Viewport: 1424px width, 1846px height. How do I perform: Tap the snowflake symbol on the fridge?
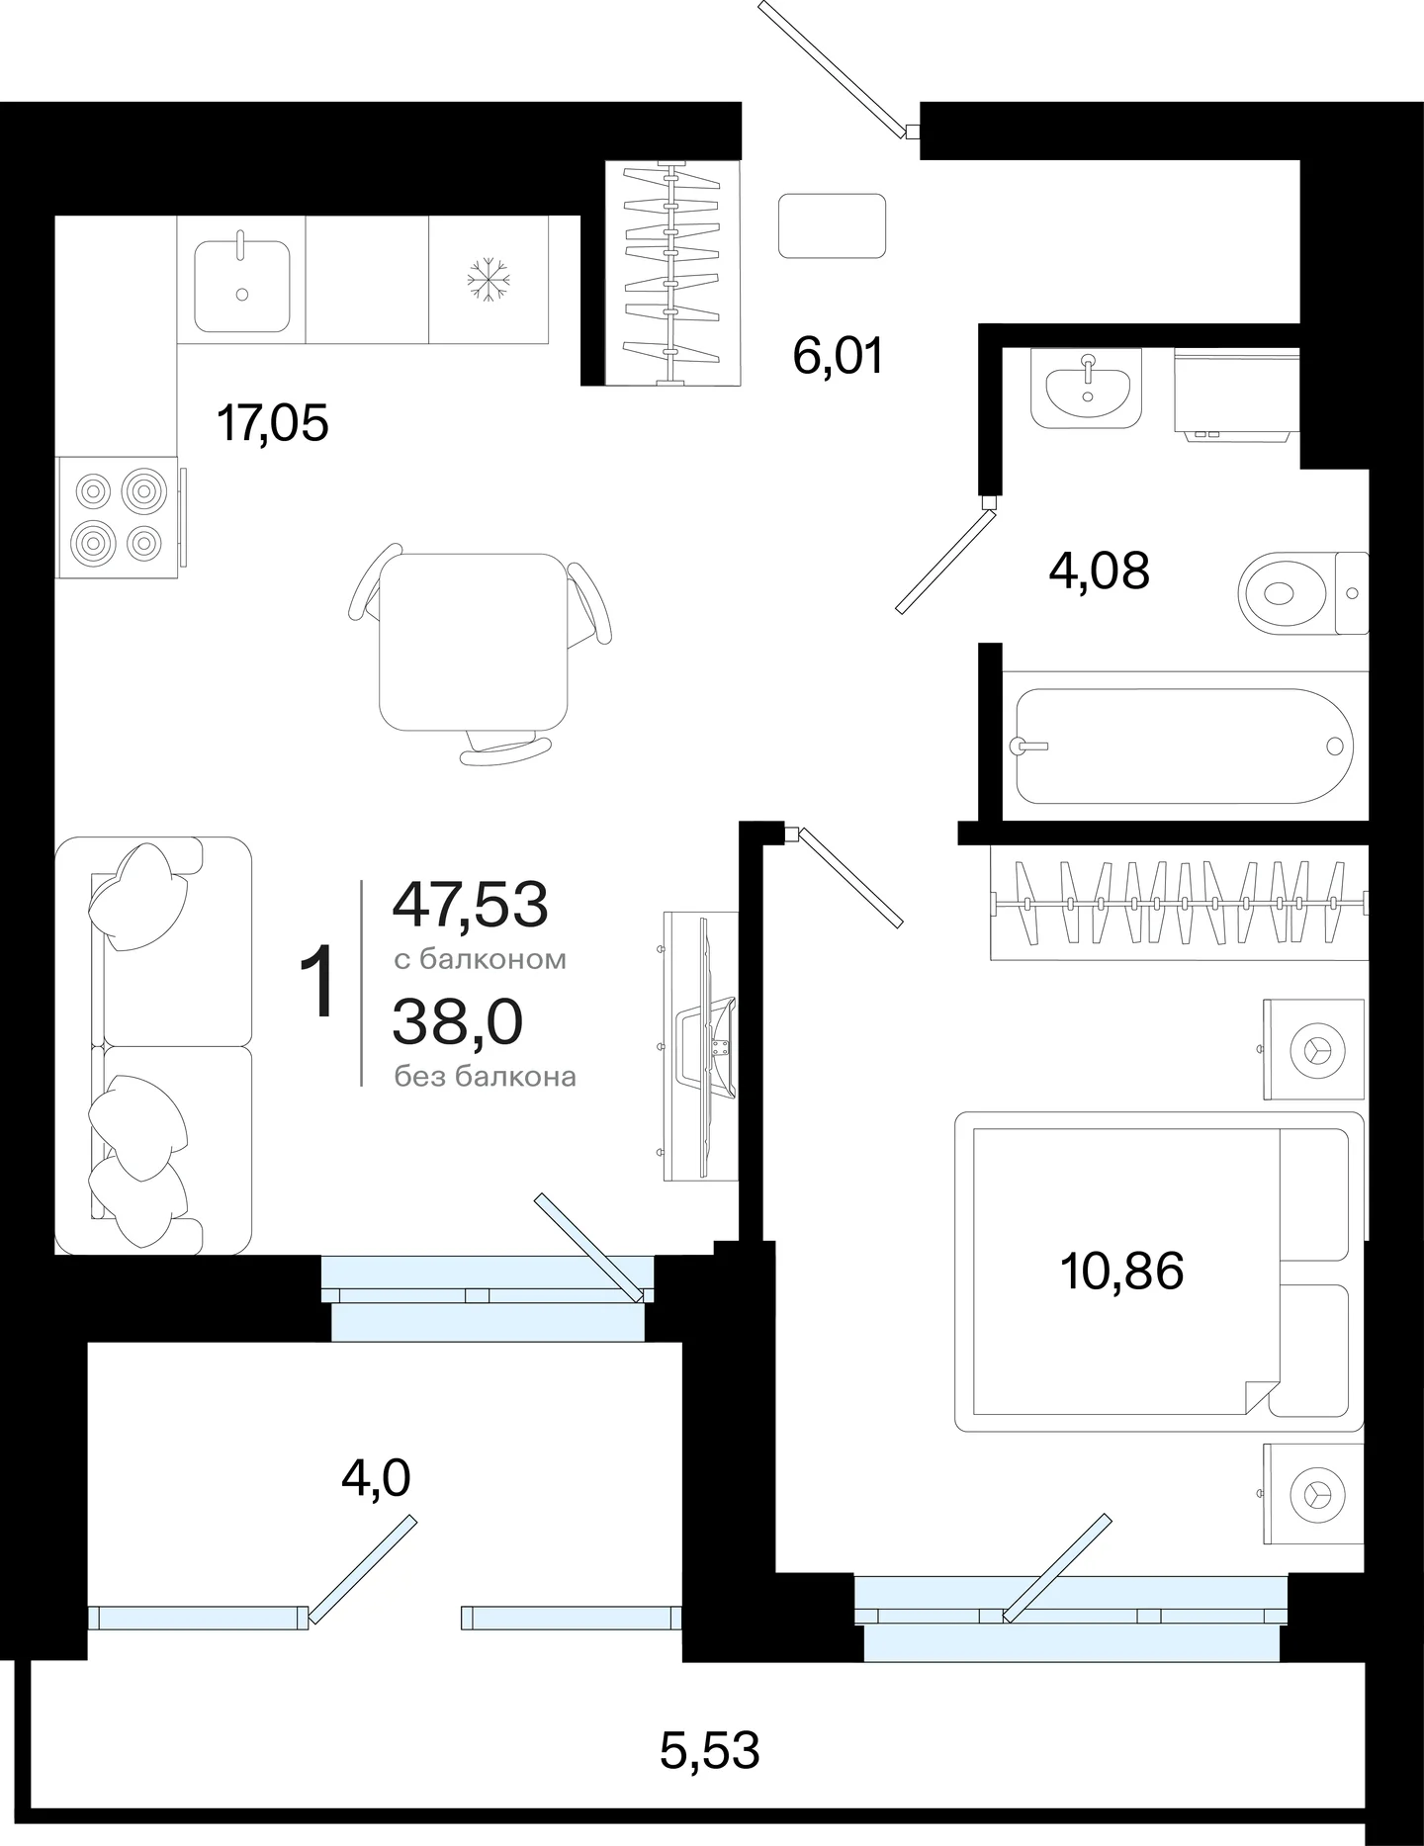point(488,280)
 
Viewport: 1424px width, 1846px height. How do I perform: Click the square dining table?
point(474,642)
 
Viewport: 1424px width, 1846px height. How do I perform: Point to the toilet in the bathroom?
point(1303,593)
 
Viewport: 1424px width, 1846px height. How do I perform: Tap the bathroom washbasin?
point(1088,388)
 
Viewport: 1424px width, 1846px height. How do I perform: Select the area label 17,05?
point(272,424)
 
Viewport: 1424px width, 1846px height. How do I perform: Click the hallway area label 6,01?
point(838,355)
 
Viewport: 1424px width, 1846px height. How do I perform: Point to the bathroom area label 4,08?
point(1099,571)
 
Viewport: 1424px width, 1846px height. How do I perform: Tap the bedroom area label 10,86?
point(1121,1271)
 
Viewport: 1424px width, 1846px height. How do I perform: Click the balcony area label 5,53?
point(709,1750)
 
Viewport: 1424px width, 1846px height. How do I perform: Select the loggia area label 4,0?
point(376,1479)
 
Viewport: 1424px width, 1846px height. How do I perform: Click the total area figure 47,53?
point(470,904)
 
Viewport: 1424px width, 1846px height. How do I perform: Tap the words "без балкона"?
point(485,1077)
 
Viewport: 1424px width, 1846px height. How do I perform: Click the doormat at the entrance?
point(832,226)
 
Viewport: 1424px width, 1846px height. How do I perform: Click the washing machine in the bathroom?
point(1237,394)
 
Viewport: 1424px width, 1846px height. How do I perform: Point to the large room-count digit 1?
point(320,981)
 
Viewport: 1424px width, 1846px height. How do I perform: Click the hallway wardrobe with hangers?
point(672,273)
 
